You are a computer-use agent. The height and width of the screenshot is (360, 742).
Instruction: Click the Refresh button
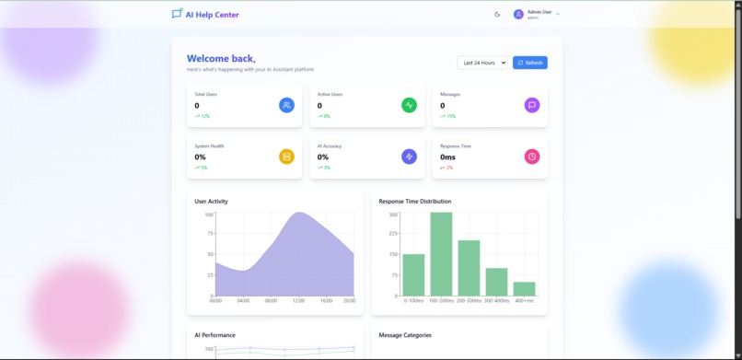530,63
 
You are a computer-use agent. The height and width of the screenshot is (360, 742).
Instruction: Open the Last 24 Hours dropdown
482,63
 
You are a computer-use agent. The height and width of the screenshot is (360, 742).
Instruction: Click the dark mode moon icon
497,14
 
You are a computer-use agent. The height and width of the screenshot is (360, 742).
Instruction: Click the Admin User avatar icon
518,14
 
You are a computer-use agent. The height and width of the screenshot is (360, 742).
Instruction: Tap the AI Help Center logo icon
177,14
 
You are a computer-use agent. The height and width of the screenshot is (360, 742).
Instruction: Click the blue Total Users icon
286,105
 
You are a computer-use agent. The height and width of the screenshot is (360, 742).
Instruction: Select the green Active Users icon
409,105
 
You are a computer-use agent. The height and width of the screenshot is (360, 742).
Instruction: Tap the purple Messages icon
531,105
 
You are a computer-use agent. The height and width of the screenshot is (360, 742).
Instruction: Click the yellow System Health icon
286,157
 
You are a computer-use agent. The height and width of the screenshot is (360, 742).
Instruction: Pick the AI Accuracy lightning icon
409,157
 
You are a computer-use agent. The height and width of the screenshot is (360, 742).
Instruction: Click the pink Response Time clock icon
531,157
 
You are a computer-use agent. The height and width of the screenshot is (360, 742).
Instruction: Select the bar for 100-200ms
441,253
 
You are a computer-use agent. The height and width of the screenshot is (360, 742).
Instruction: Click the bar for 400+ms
524,288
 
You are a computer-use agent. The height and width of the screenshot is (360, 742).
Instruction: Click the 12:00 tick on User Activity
298,300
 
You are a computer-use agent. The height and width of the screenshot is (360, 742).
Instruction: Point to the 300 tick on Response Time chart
393,215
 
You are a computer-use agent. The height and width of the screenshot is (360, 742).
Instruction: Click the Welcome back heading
221,58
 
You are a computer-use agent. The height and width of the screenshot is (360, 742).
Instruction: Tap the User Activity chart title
211,201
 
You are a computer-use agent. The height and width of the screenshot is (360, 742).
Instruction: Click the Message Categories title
405,335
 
